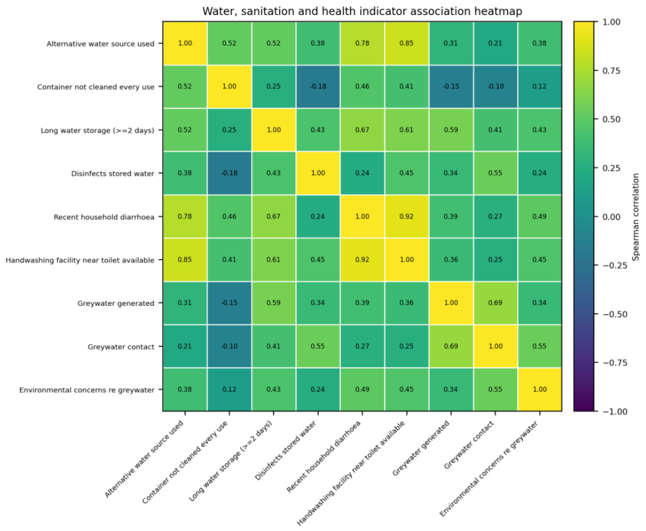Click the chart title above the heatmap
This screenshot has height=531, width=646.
pyautogui.click(x=362, y=11)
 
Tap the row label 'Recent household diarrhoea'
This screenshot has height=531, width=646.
pyautogui.click(x=104, y=217)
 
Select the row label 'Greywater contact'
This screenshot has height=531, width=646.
pyautogui.click(x=121, y=346)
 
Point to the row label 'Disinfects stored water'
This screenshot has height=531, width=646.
pyautogui.click(x=112, y=174)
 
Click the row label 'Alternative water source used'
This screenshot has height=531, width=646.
pyautogui.click(x=100, y=44)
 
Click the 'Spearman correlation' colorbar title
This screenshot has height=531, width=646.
pyautogui.click(x=636, y=217)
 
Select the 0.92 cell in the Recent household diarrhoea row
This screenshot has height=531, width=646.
pyautogui.click(x=407, y=216)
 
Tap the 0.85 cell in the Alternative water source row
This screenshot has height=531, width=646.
pyautogui.click(x=407, y=43)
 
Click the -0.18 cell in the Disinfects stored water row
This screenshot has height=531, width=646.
pyautogui.click(x=229, y=173)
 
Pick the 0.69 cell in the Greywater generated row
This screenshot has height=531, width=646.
pyautogui.click(x=495, y=303)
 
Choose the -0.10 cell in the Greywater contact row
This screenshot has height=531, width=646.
pyautogui.click(x=229, y=346)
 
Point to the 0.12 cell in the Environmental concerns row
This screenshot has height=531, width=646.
pyautogui.click(x=229, y=389)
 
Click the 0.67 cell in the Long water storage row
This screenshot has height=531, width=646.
pyautogui.click(x=362, y=130)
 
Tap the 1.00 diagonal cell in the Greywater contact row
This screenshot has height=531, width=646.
pyautogui.click(x=495, y=346)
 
